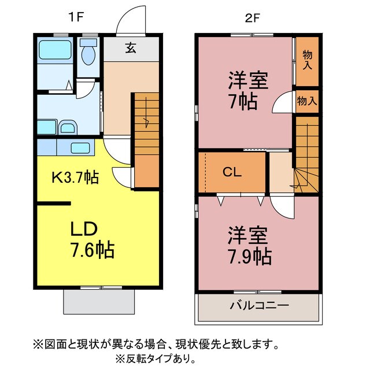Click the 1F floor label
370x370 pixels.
[x=76, y=17]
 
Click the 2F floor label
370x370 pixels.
[x=251, y=17]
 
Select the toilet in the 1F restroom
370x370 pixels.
[x=88, y=55]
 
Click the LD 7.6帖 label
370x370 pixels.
[x=91, y=240]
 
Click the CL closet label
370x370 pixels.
[x=232, y=172]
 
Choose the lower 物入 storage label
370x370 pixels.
[x=306, y=100]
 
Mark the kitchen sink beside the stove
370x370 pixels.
[x=80, y=147]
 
